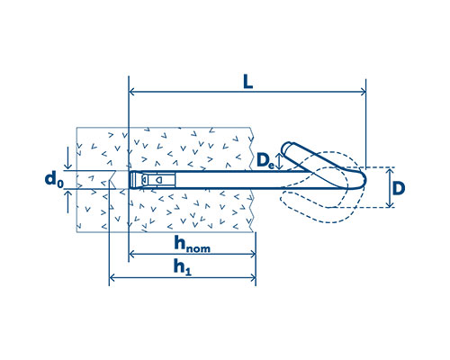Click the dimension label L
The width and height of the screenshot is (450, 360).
pos(247,82)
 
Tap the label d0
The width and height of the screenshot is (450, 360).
pos(54,179)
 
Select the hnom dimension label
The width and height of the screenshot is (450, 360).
pos(192,244)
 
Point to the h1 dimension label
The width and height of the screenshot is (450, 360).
pos(182,267)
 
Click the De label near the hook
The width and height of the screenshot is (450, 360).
pos(265,161)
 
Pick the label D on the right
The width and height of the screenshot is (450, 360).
pos(399,188)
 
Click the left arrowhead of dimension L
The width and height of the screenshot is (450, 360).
pos(131,92)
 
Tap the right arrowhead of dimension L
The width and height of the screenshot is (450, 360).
pos(363,92)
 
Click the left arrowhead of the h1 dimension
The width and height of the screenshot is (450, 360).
pos(112,277)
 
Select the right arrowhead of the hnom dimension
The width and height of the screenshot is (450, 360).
pos(253,255)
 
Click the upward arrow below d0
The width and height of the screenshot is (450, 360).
pos(68,202)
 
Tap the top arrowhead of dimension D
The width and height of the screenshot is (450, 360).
pos(390,171)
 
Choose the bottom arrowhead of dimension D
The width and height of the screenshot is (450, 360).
pos(390,204)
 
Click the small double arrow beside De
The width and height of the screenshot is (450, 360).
pos(279,161)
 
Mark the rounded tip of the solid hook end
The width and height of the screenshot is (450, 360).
pos(286,148)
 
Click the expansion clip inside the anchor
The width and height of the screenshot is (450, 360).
pos(157,180)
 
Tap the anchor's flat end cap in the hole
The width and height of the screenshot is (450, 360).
pos(132,180)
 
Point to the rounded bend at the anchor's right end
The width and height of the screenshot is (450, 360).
pos(361,179)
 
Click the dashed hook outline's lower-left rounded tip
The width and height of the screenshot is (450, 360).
pos(283,199)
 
